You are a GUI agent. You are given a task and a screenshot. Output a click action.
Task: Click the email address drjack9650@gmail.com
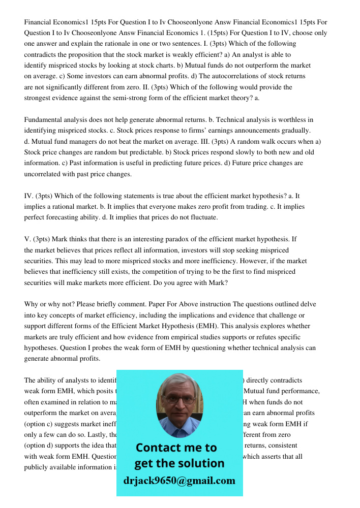click(x=179, y=481)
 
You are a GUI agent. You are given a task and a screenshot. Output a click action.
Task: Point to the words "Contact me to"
click(x=176, y=448)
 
